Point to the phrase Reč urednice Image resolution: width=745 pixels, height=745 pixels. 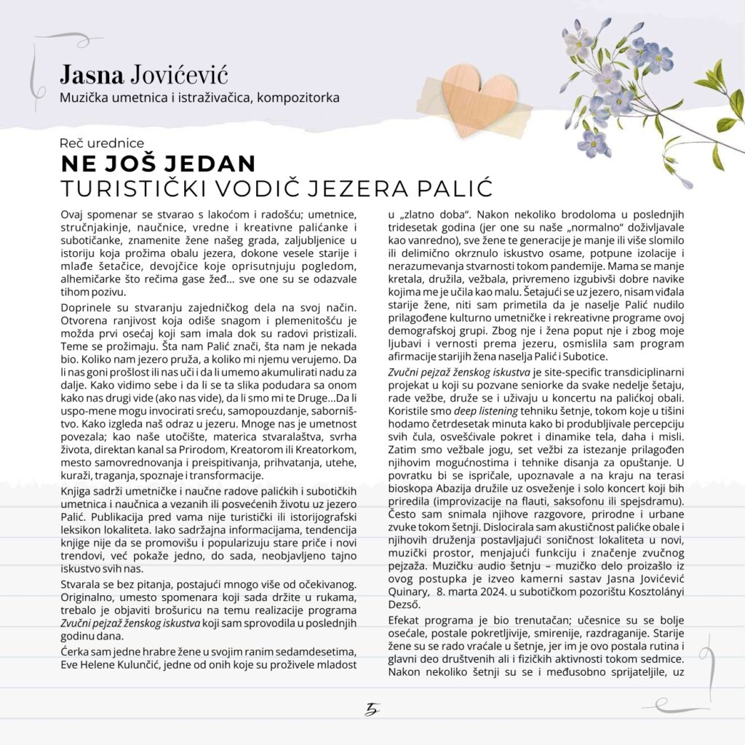pos(103,143)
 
